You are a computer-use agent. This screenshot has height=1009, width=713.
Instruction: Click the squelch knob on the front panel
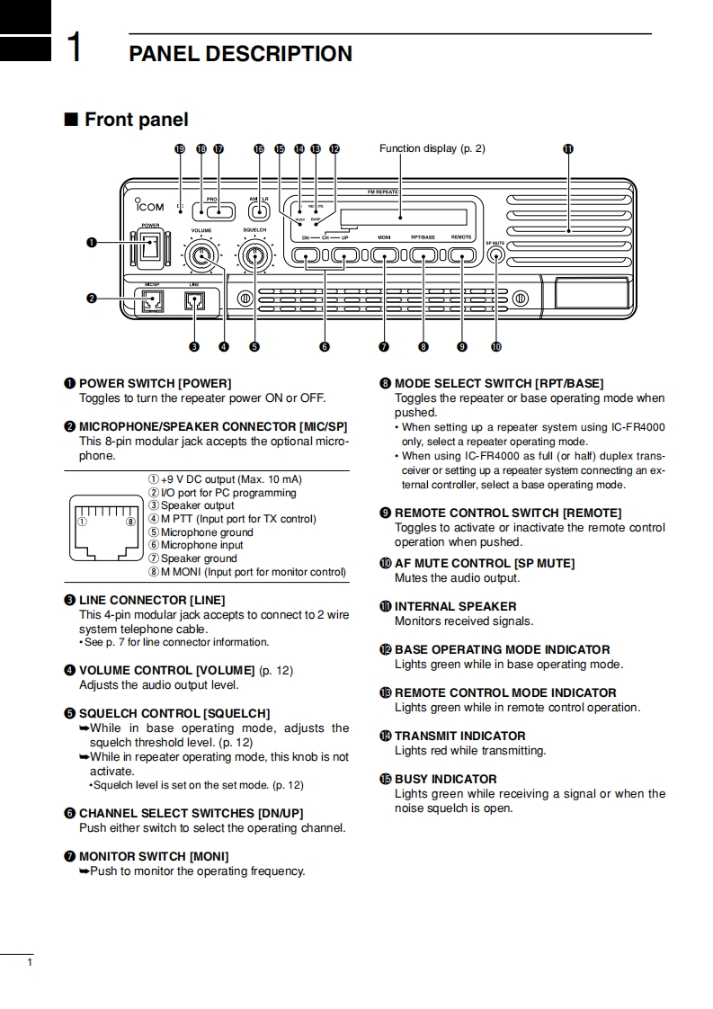click(x=255, y=258)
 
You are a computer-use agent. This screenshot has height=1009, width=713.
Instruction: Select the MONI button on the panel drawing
click(x=384, y=255)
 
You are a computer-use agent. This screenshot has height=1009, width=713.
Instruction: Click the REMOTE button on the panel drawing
click(x=461, y=255)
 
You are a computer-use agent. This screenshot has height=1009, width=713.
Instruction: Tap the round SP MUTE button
click(x=495, y=255)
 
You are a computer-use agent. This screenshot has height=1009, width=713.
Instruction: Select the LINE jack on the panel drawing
click(x=194, y=301)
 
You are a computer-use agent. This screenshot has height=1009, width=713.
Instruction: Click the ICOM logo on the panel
click(x=145, y=206)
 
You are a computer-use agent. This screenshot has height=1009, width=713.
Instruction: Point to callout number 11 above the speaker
click(x=567, y=149)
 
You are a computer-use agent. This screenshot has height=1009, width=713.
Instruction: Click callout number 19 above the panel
click(x=180, y=149)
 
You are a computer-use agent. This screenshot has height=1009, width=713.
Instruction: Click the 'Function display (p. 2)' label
click(x=432, y=148)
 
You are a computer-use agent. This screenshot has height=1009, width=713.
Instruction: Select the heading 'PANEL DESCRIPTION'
click(x=241, y=54)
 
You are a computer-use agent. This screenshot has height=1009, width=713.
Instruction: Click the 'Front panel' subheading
click(x=136, y=120)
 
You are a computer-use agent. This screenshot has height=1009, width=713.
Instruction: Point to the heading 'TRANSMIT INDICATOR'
click(x=459, y=736)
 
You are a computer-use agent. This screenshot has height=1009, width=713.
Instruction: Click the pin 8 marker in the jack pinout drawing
click(x=131, y=521)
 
